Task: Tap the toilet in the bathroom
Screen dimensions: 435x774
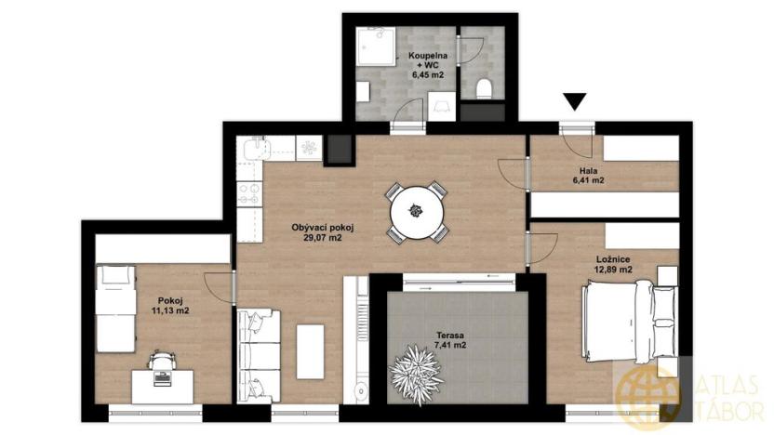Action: point(483,88)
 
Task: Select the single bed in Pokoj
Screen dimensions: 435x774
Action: point(116,308)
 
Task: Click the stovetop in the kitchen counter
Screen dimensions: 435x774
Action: point(249,193)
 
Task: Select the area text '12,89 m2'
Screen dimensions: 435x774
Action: point(613,270)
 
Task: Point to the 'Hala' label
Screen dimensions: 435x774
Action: point(588,170)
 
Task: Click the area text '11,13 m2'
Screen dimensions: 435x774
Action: point(169,310)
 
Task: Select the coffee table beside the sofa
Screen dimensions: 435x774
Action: point(310,350)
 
